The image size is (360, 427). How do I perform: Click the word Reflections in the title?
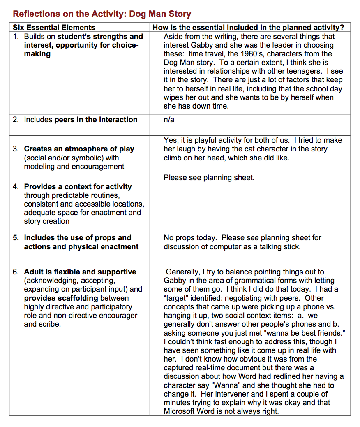[35, 14]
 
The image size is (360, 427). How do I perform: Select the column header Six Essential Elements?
[53, 28]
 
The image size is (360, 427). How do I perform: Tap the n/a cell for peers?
[169, 120]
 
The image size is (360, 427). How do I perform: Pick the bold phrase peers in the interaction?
[96, 120]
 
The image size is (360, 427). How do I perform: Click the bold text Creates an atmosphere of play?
[79, 149]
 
